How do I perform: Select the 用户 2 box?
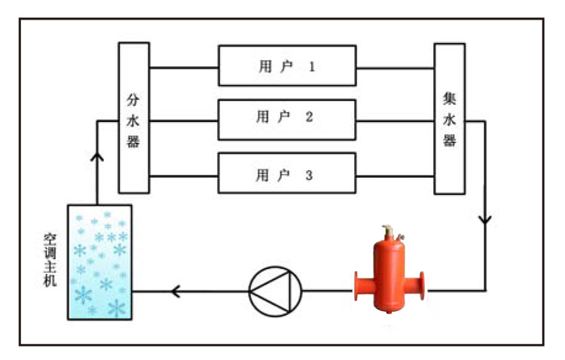286,119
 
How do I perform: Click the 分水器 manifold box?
133,118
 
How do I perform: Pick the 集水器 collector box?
449,118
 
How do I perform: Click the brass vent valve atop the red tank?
387,232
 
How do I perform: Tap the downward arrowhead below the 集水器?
485,221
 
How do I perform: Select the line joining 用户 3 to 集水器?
394,174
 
